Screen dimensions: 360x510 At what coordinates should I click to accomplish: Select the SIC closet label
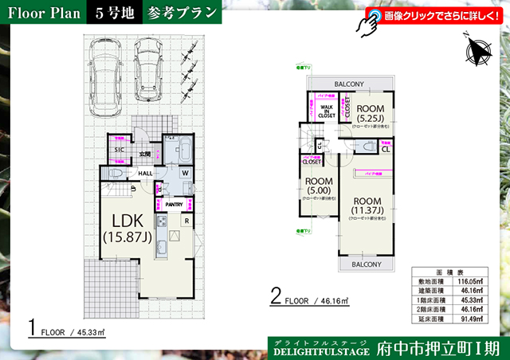pos(119,149)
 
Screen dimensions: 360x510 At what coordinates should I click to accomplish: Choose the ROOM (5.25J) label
pos(371,114)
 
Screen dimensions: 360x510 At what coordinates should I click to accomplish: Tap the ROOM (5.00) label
pos(319,186)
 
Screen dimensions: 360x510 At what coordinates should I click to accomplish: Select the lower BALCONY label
pos(367,264)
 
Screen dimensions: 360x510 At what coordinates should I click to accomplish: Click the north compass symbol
pos(477,51)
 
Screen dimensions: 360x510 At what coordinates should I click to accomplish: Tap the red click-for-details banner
pos(434,15)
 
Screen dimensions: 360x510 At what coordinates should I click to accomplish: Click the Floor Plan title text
pos(41,14)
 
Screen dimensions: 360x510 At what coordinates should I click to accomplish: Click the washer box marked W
pos(185,173)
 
